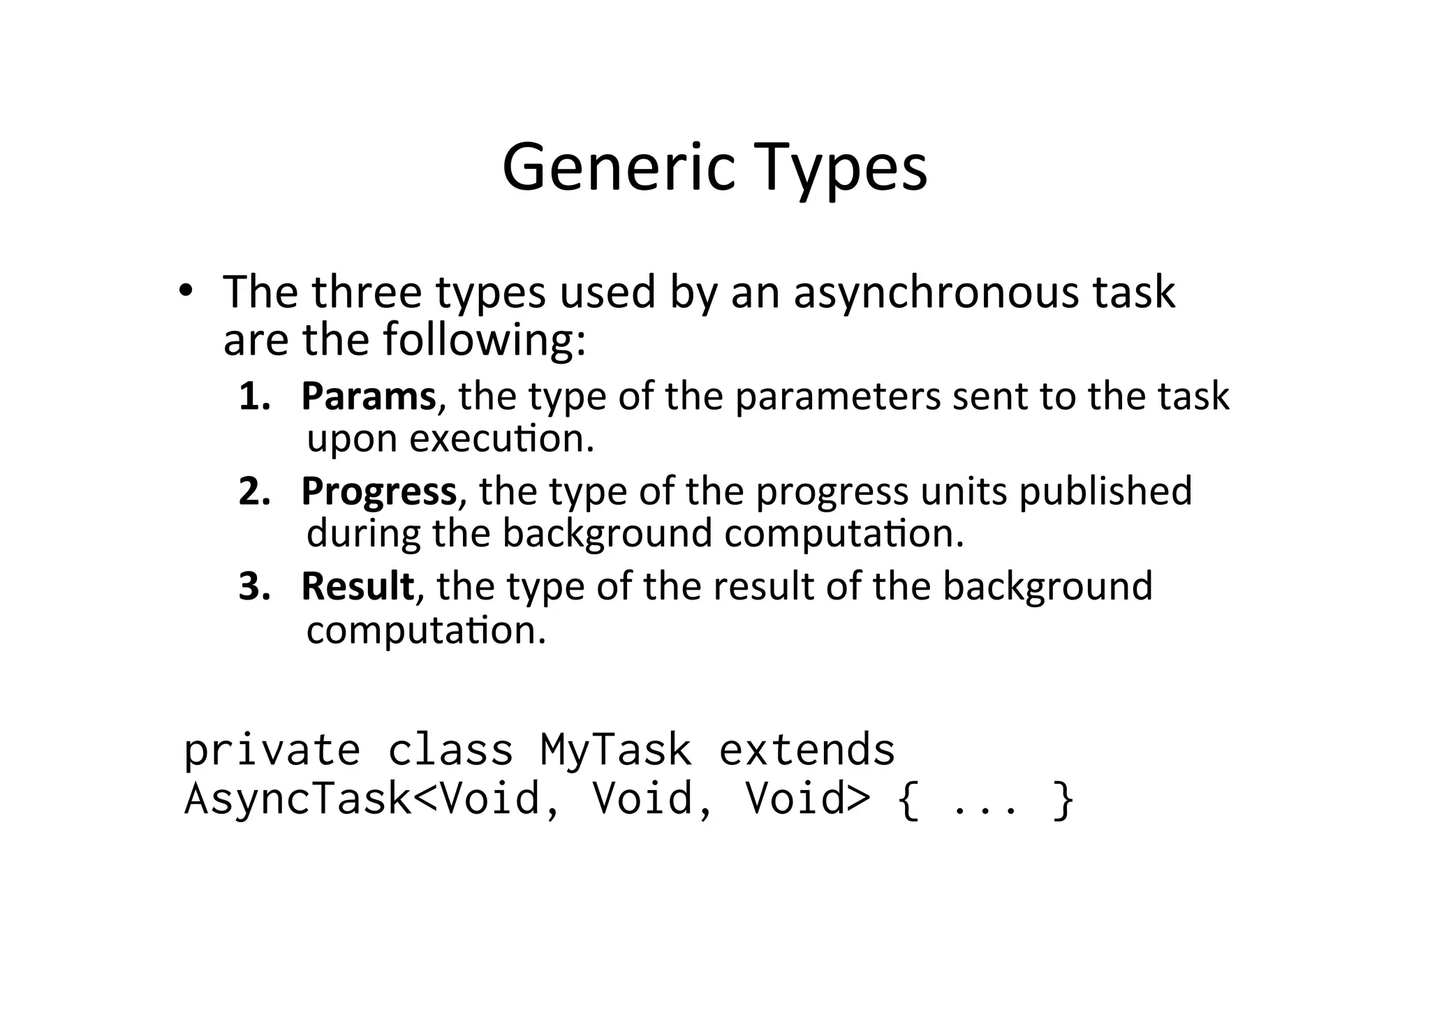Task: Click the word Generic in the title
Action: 619,168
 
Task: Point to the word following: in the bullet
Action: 484,339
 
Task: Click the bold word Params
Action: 369,396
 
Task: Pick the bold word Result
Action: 358,586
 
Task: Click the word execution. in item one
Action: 501,438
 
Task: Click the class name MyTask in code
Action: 616,750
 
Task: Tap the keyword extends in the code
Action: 807,750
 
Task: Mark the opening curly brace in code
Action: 908,800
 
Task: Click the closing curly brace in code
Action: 1062,800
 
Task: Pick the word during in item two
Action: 364,533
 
